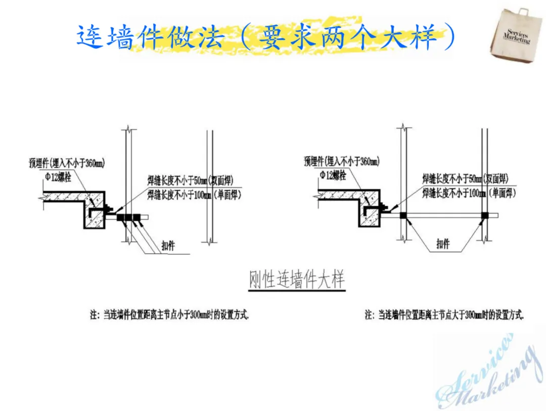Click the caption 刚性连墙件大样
tap(297, 280)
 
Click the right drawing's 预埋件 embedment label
tap(342, 162)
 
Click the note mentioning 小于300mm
tap(169, 314)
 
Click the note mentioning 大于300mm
tap(444, 314)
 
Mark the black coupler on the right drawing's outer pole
tap(485, 215)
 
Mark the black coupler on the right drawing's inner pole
tap(403, 216)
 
